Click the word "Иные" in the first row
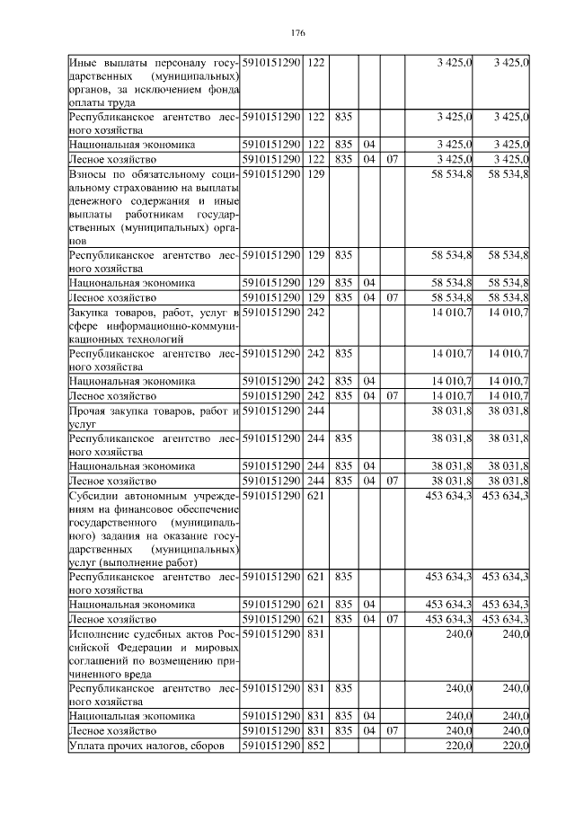84,62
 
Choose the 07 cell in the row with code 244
392,480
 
